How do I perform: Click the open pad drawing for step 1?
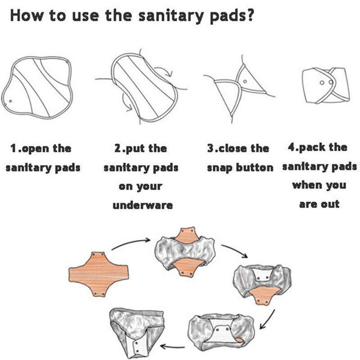[x=38, y=88]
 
